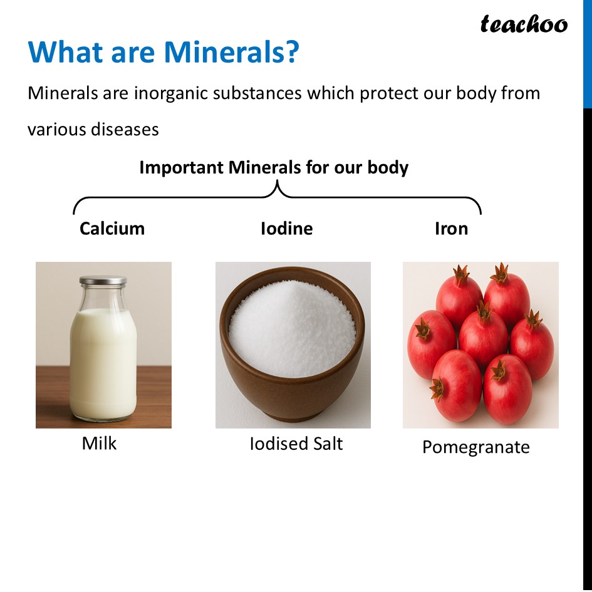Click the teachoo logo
pos(524,24)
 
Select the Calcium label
pos(112,228)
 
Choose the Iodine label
pos(286,228)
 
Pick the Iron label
pos(451,228)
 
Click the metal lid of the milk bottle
pos(103,281)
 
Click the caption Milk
pos(99,444)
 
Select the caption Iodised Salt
pos(296,444)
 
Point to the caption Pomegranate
pos(475,447)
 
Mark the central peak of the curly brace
pos(277,186)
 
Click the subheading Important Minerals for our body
pos(274,168)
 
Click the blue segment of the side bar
pos(587,53)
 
